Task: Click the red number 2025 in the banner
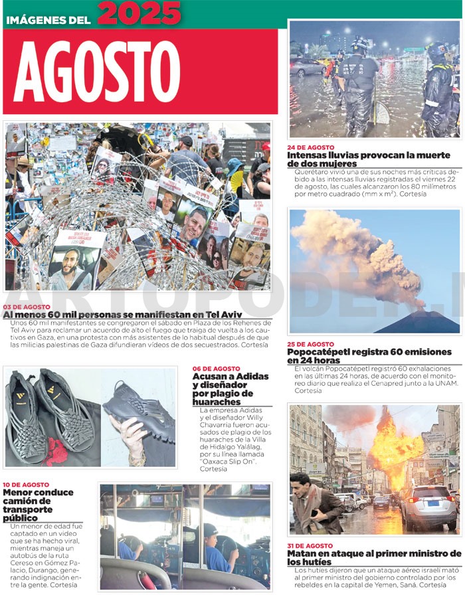(139, 13)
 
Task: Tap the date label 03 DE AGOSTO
(27, 307)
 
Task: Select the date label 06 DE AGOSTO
(216, 369)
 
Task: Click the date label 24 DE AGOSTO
(310, 147)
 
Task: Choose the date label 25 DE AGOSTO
(310, 344)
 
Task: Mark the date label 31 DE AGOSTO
(310, 546)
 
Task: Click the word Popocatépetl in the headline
(320, 352)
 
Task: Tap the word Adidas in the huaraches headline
(250, 377)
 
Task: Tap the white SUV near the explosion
(429, 508)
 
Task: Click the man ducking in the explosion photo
(316, 505)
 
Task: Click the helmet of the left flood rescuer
(361, 45)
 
